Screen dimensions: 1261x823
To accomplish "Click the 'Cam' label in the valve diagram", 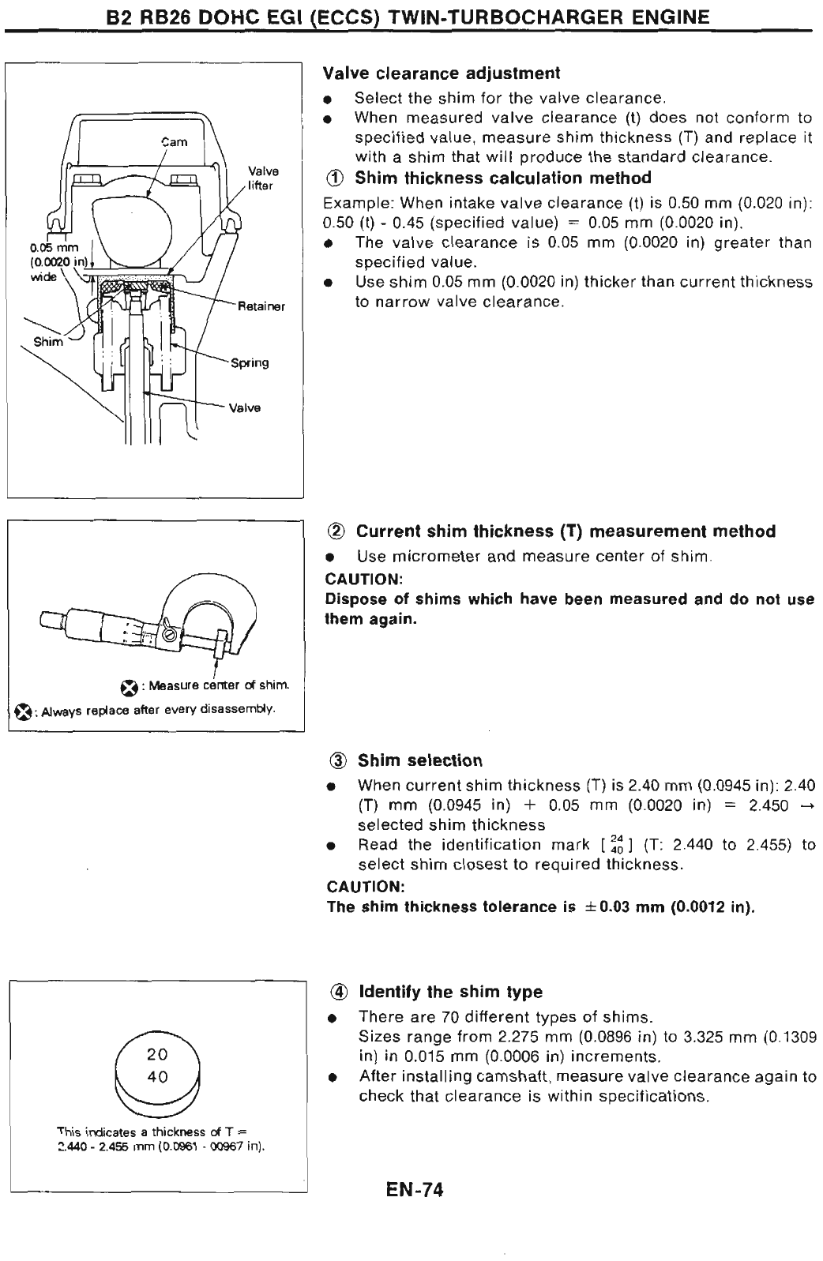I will (x=175, y=142).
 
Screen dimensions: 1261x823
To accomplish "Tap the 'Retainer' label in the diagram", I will (x=261, y=306).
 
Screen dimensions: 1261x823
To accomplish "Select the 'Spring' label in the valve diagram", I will (x=250, y=363).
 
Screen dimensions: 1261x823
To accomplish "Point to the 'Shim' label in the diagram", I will (x=47, y=342).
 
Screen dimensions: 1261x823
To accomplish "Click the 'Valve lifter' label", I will (x=263, y=178).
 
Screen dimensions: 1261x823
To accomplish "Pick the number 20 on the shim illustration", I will (x=157, y=1054).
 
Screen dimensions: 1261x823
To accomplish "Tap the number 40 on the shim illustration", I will (x=157, y=1077).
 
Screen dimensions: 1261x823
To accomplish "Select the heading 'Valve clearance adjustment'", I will (x=442, y=73).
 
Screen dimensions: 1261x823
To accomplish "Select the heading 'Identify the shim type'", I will (x=450, y=992).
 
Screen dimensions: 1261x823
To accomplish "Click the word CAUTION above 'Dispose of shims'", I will (x=359, y=579).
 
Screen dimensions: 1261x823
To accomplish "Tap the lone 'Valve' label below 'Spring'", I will (x=245, y=408).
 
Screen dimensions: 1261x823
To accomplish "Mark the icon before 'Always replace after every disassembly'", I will (x=23, y=711).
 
